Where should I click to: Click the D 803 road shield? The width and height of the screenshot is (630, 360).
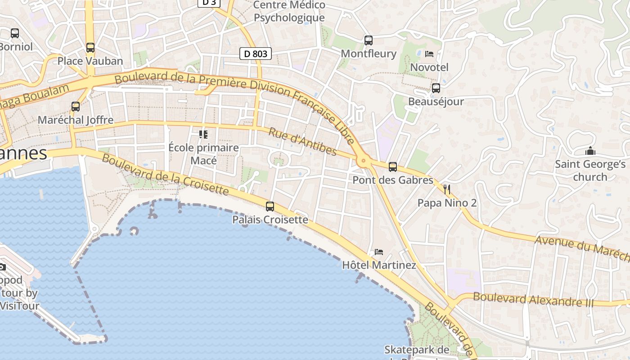256,54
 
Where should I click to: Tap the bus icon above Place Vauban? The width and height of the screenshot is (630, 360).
90,48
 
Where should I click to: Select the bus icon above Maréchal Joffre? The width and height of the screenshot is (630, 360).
76,107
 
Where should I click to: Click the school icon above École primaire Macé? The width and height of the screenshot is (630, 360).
203,134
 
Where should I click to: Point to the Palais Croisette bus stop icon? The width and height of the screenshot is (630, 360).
270,207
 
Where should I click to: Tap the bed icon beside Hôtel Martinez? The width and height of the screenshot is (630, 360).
379,252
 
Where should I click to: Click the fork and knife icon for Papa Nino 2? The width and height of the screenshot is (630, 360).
447,189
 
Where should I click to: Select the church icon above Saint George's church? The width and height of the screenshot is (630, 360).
590,151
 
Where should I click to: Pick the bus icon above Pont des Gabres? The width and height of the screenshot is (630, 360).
393,167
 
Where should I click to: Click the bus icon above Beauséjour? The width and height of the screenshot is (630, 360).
436,88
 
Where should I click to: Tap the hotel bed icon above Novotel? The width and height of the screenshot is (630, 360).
429,54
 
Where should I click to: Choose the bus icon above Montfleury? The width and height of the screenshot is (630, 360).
369,40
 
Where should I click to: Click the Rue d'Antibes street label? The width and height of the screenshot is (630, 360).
302,141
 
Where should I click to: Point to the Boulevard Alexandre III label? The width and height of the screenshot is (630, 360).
533,300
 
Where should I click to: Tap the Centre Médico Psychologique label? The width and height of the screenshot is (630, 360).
289,11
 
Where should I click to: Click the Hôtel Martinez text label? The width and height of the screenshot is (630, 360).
379,265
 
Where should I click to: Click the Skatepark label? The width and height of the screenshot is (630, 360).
417,350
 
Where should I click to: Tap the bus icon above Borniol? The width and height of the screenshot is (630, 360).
15,33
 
